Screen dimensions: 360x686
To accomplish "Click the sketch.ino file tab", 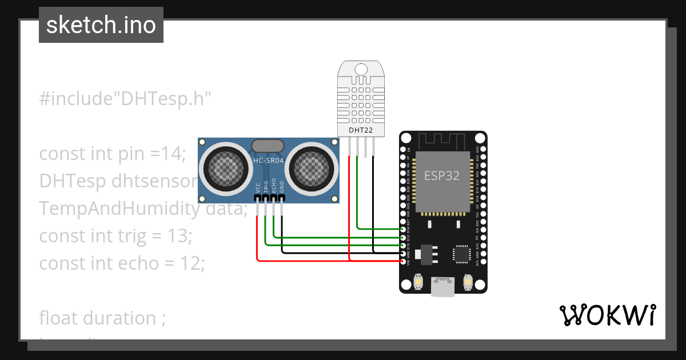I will click(101, 25).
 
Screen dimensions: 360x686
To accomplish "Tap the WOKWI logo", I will click(607, 315).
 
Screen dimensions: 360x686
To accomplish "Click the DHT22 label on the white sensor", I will click(360, 130).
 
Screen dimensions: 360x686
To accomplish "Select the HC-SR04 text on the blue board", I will click(268, 161).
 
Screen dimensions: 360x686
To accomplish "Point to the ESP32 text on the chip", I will click(441, 176).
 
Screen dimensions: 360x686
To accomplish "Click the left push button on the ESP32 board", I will click(418, 282).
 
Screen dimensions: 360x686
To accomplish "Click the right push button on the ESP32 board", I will click(468, 282).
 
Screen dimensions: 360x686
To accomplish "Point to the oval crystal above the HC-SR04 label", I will click(267, 147).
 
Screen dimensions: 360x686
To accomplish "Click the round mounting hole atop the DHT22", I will click(361, 70).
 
